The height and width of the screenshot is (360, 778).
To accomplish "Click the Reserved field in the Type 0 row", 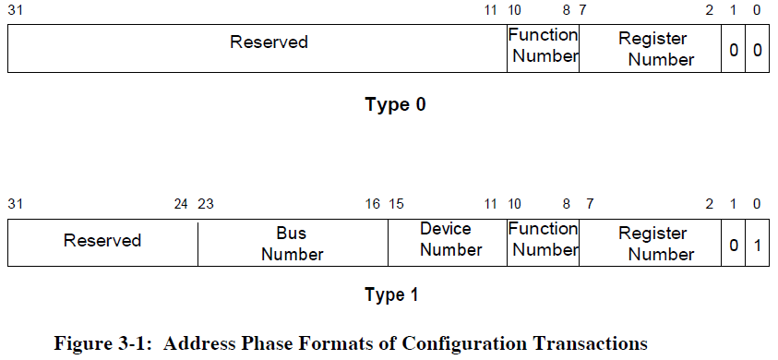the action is [269, 42].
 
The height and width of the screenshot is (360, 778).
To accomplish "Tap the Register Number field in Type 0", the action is [653, 49].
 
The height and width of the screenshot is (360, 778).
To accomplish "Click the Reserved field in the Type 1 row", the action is [102, 241].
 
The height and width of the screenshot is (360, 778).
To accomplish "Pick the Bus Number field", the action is [292, 244].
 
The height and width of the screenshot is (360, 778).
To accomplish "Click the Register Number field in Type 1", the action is [653, 244].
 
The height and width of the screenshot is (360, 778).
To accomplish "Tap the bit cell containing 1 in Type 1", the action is [757, 245].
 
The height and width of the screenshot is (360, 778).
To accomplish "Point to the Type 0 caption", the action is [395, 104].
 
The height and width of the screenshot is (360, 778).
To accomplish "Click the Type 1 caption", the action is [391, 295].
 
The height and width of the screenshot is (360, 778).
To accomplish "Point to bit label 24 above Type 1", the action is [182, 204].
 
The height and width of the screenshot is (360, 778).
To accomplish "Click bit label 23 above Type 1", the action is [206, 204].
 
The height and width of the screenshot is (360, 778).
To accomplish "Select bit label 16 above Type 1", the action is [372, 204].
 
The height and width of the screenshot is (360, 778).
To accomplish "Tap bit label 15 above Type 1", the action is [397, 204].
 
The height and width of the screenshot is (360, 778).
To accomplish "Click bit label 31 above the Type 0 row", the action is [16, 10].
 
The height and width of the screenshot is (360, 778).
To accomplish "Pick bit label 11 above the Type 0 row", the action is [490, 10].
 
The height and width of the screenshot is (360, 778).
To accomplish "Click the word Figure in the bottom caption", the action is [82, 344].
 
